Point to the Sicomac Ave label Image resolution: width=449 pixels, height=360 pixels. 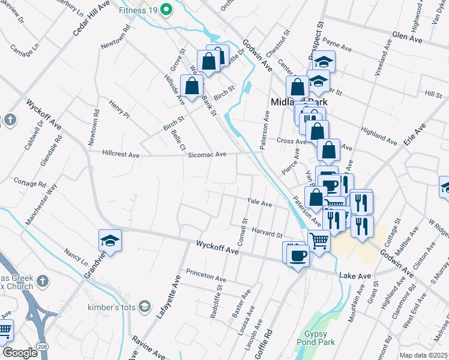click(x=206, y=154)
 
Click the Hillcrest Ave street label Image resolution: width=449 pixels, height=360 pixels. click(x=121, y=154)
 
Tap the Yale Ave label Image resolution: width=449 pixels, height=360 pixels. click(x=261, y=203)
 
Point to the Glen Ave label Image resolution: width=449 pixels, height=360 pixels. click(x=408, y=37)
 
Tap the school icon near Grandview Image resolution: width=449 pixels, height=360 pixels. click(x=110, y=241)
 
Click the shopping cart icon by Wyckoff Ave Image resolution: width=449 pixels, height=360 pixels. click(x=319, y=241)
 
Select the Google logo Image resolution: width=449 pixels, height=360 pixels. click(x=20, y=353)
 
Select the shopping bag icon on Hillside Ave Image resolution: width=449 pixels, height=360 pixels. click(x=191, y=86)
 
